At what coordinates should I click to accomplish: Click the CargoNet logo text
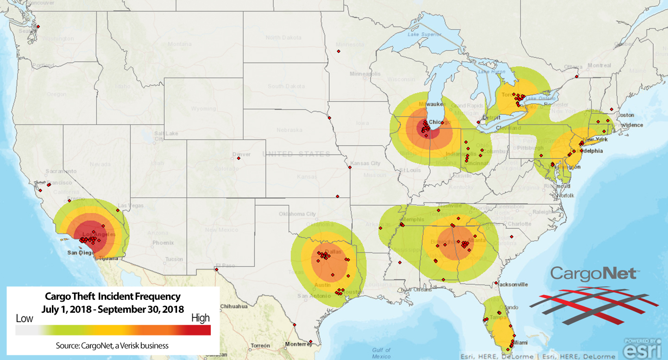tap(594, 274)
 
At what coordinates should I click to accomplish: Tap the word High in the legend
tap(201, 318)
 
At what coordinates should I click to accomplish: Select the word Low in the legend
tap(25, 319)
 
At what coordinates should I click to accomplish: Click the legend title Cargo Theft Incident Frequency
tap(113, 296)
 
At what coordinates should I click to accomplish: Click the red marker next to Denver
tap(239, 158)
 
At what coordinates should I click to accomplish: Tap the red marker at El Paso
tap(216, 270)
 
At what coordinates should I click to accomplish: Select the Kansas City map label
tap(366, 164)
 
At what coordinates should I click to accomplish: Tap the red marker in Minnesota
tap(339, 51)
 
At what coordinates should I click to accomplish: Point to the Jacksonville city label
tap(513, 284)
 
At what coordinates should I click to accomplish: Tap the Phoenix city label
tap(163, 243)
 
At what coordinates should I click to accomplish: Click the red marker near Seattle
tap(38, 26)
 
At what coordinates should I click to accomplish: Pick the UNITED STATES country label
tap(296, 154)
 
